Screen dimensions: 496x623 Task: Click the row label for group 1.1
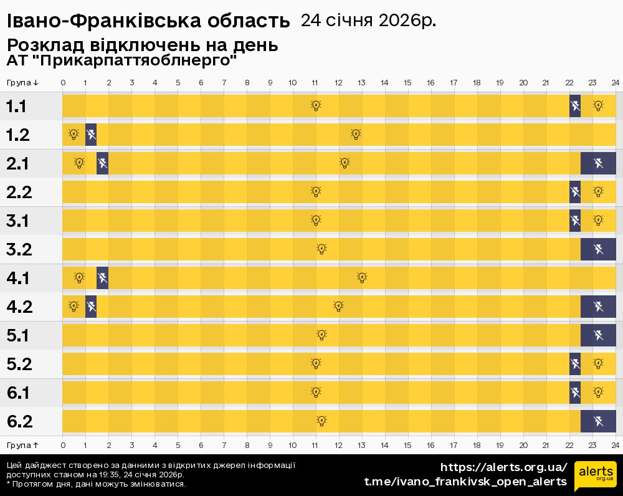[16, 107]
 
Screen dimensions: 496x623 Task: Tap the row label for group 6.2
[19, 422]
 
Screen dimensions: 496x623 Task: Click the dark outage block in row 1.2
[91, 135]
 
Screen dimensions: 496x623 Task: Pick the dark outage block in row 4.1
[102, 278]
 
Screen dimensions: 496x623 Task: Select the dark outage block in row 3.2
[598, 249]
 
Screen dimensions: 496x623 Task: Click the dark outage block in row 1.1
[575, 106]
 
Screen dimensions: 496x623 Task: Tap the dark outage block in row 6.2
[598, 421]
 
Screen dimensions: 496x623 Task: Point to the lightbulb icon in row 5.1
[321, 335]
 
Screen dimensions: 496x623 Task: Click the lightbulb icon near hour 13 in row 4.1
[362, 278]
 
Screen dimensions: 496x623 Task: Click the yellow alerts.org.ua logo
[595, 477]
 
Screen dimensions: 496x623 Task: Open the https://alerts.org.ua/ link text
[504, 467]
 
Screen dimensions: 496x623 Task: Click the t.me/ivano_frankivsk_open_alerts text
[465, 482]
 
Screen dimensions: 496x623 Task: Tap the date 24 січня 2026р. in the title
[368, 21]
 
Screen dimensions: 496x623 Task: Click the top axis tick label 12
[338, 82]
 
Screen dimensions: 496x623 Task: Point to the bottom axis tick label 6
[201, 445]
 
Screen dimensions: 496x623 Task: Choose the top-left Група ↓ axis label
[23, 82]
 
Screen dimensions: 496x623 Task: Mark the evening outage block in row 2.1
[598, 163]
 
